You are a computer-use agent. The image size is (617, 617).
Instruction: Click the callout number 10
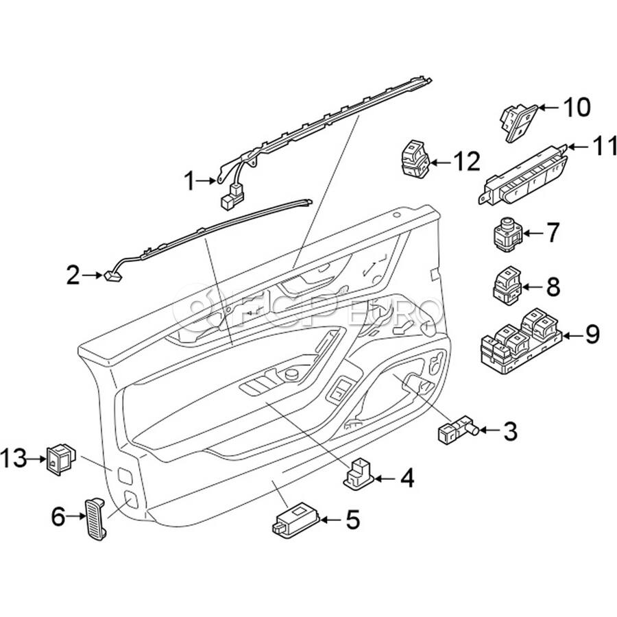pyautogui.click(x=576, y=107)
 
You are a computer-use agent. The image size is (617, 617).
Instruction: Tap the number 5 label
pyautogui.click(x=352, y=520)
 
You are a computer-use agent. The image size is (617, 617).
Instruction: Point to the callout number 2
pyautogui.click(x=73, y=276)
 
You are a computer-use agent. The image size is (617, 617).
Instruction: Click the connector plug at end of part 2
pyautogui.click(x=111, y=276)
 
